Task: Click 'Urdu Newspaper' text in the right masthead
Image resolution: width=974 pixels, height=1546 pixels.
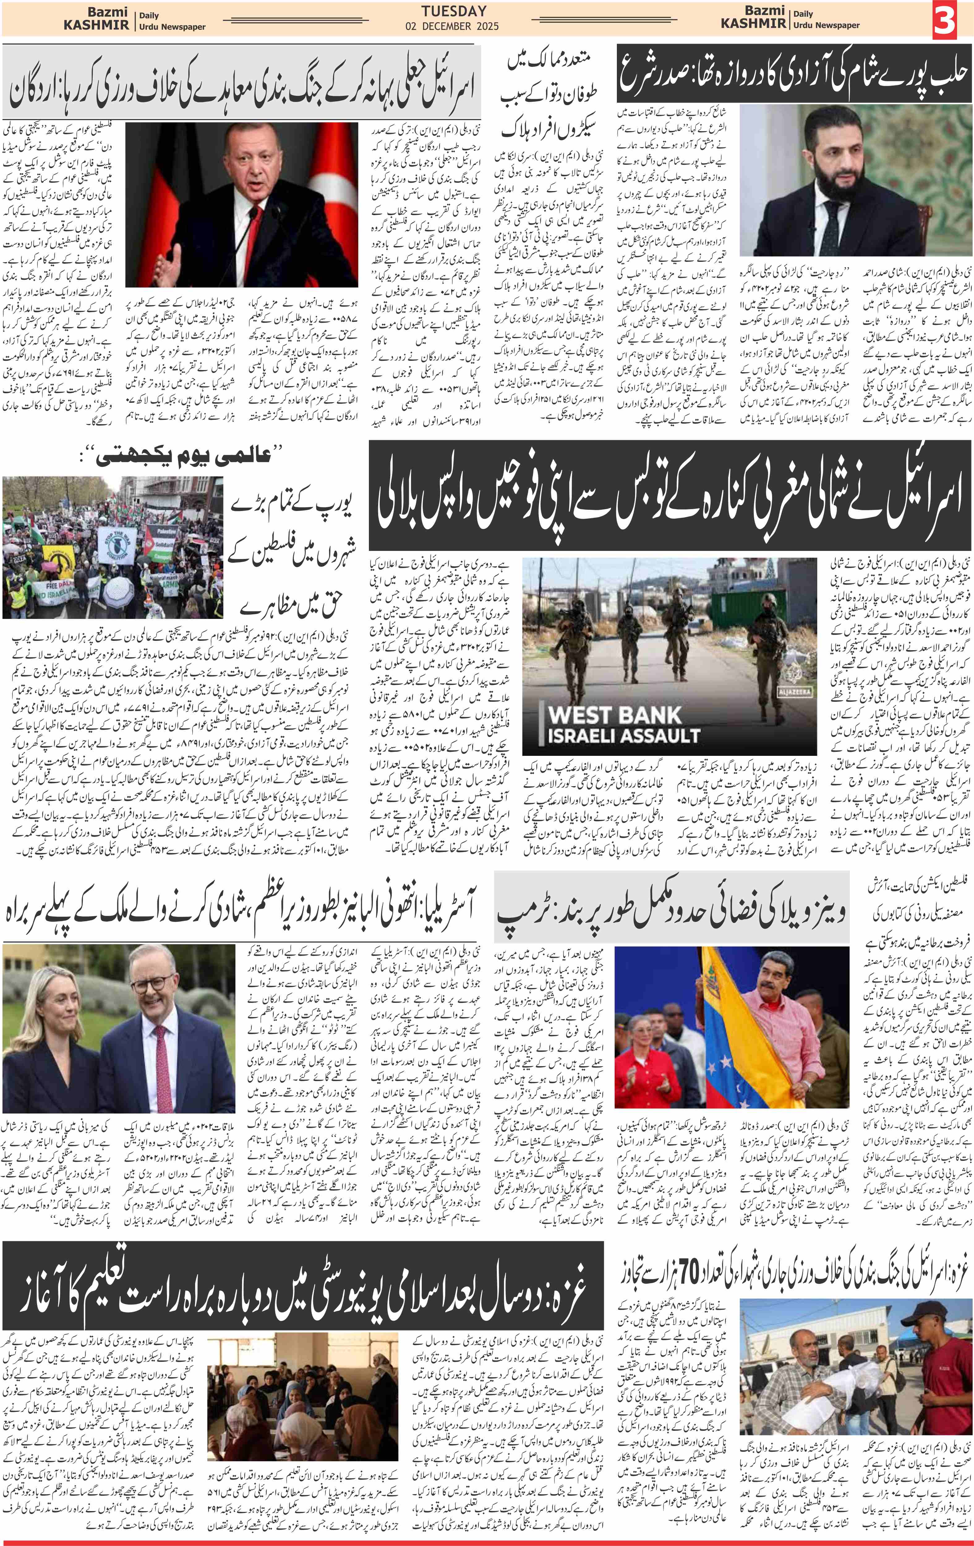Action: pos(826,25)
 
